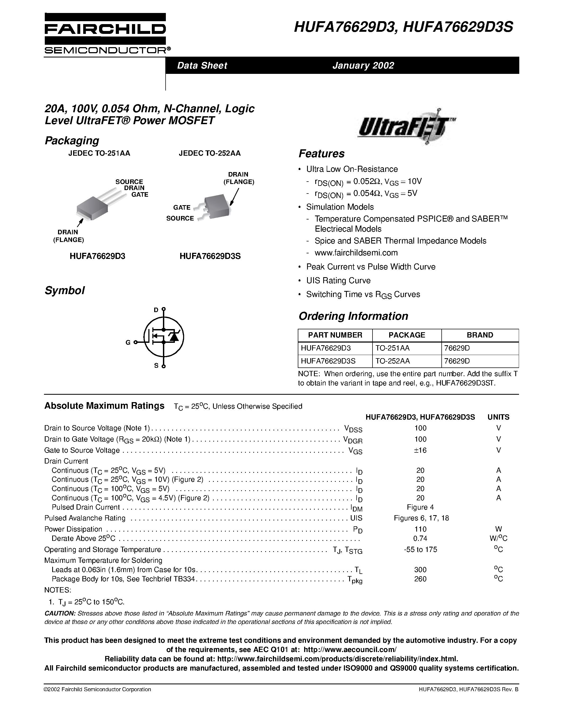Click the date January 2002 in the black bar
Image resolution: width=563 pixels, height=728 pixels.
coord(363,65)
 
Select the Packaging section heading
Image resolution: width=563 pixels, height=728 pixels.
coord(72,140)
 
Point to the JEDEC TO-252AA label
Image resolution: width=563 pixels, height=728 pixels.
coord(210,153)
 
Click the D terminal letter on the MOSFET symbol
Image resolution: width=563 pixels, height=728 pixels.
coord(156,310)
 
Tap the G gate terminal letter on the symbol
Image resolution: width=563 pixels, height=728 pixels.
coord(128,342)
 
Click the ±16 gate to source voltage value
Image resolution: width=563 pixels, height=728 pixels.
coord(420,450)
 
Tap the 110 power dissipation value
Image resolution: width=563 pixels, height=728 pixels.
coord(420,529)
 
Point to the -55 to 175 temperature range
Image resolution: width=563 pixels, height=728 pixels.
coord(420,549)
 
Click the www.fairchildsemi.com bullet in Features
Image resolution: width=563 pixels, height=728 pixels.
coord(356,253)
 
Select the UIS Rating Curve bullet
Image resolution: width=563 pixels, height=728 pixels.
coord(338,281)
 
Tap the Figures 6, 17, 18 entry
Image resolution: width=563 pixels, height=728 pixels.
coord(421,518)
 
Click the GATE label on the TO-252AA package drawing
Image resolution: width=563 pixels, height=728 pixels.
coord(181,207)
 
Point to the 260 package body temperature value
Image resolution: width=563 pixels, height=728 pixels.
coord(420,579)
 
